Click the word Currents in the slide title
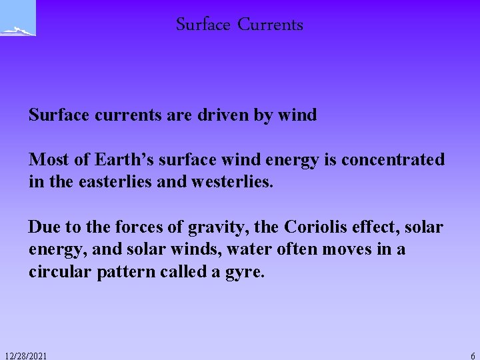point(270,25)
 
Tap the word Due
point(43,227)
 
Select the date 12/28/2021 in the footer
point(25,356)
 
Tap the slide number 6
point(473,356)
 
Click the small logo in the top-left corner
point(18,19)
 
